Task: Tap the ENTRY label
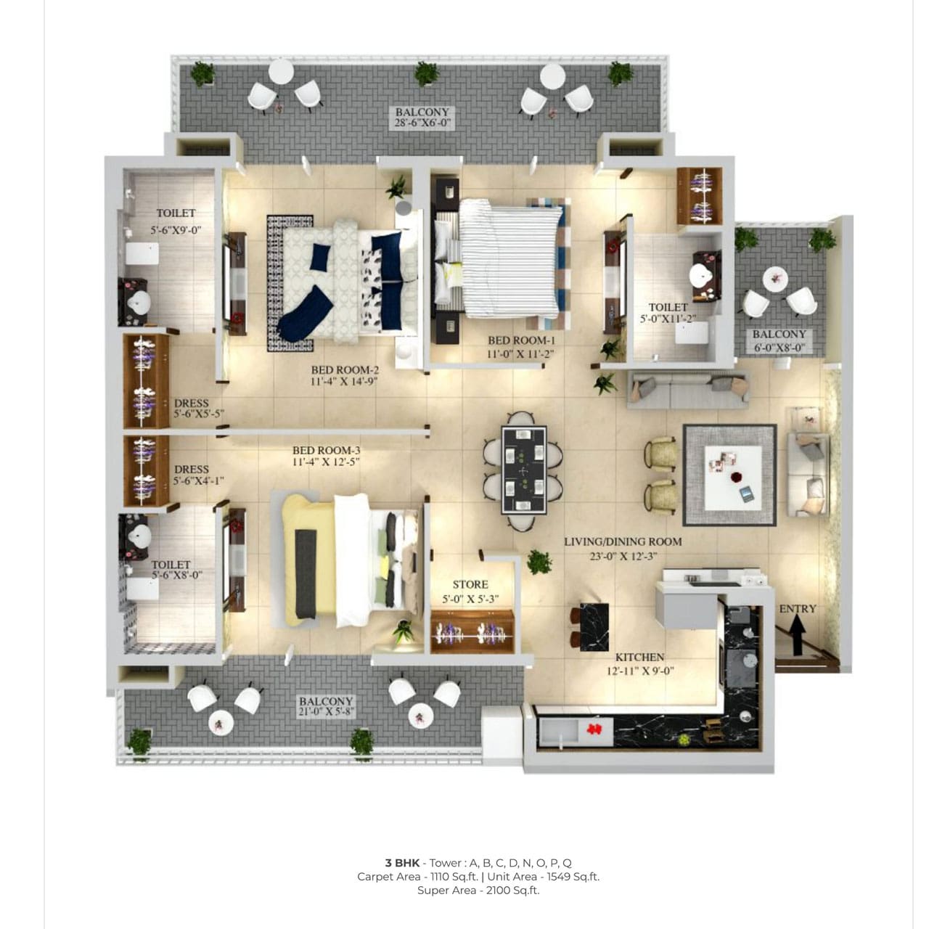tap(798, 609)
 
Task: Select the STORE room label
tap(470, 585)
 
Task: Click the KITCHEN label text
tap(639, 657)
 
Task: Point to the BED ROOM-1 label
tap(521, 340)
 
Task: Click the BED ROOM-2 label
tap(345, 370)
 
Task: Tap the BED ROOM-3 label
tap(326, 450)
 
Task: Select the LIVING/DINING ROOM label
tap(623, 542)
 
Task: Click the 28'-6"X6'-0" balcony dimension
tap(422, 123)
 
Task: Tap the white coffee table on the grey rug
tap(733, 478)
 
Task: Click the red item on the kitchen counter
tap(594, 729)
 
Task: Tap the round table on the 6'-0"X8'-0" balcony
tap(775, 279)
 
